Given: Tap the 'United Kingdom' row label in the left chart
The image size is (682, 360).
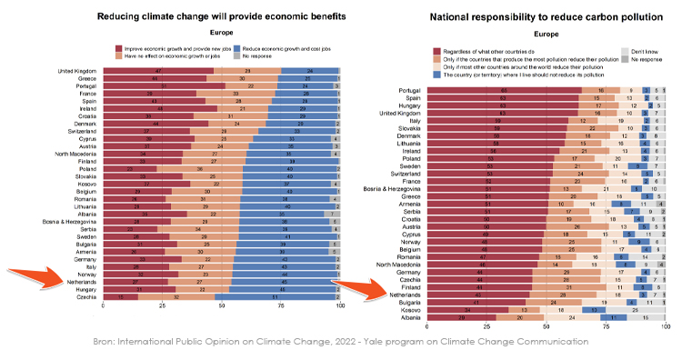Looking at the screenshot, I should coord(79,71).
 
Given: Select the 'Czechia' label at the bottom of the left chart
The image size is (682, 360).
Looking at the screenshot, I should coord(87,296).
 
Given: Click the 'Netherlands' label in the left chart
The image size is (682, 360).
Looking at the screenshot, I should coord(82,281).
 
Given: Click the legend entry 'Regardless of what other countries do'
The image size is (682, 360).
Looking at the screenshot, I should coord(490,51).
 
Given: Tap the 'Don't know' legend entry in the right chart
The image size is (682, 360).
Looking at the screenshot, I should coord(643,51).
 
